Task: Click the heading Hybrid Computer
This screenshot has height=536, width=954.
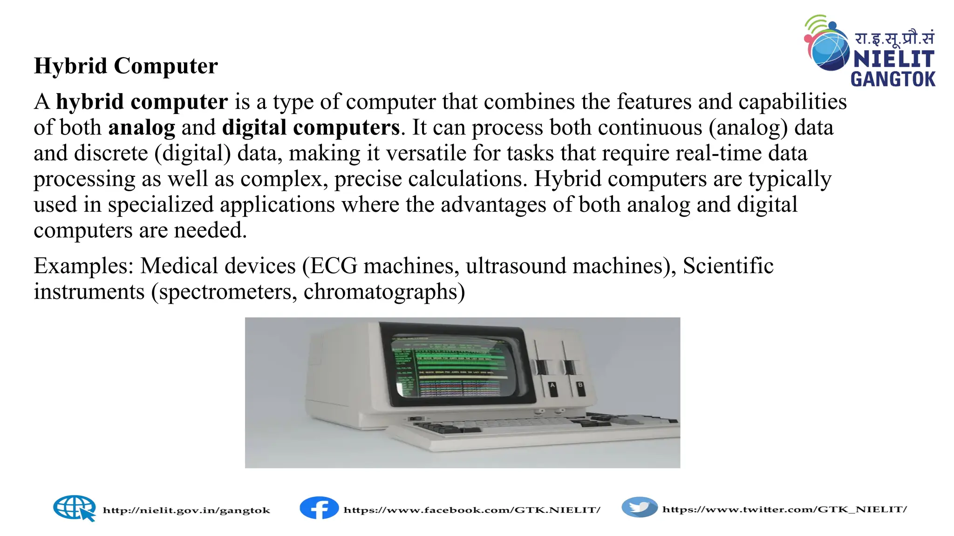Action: tap(126, 66)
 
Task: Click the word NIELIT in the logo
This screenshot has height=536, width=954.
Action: tap(893, 60)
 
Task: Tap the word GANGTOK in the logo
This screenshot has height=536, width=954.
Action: tap(893, 79)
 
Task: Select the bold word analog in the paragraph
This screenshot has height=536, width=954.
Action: tap(142, 128)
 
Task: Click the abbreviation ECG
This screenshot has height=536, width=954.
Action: tap(334, 266)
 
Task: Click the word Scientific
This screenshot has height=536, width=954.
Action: tap(728, 266)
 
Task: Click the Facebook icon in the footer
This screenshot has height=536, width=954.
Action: tap(319, 508)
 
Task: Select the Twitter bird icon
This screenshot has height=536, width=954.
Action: tap(640, 507)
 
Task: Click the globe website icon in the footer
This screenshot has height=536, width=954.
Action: tap(75, 508)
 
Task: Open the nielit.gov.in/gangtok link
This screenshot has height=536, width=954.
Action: tap(186, 510)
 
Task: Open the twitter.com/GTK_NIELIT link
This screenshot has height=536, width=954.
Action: tap(784, 509)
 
